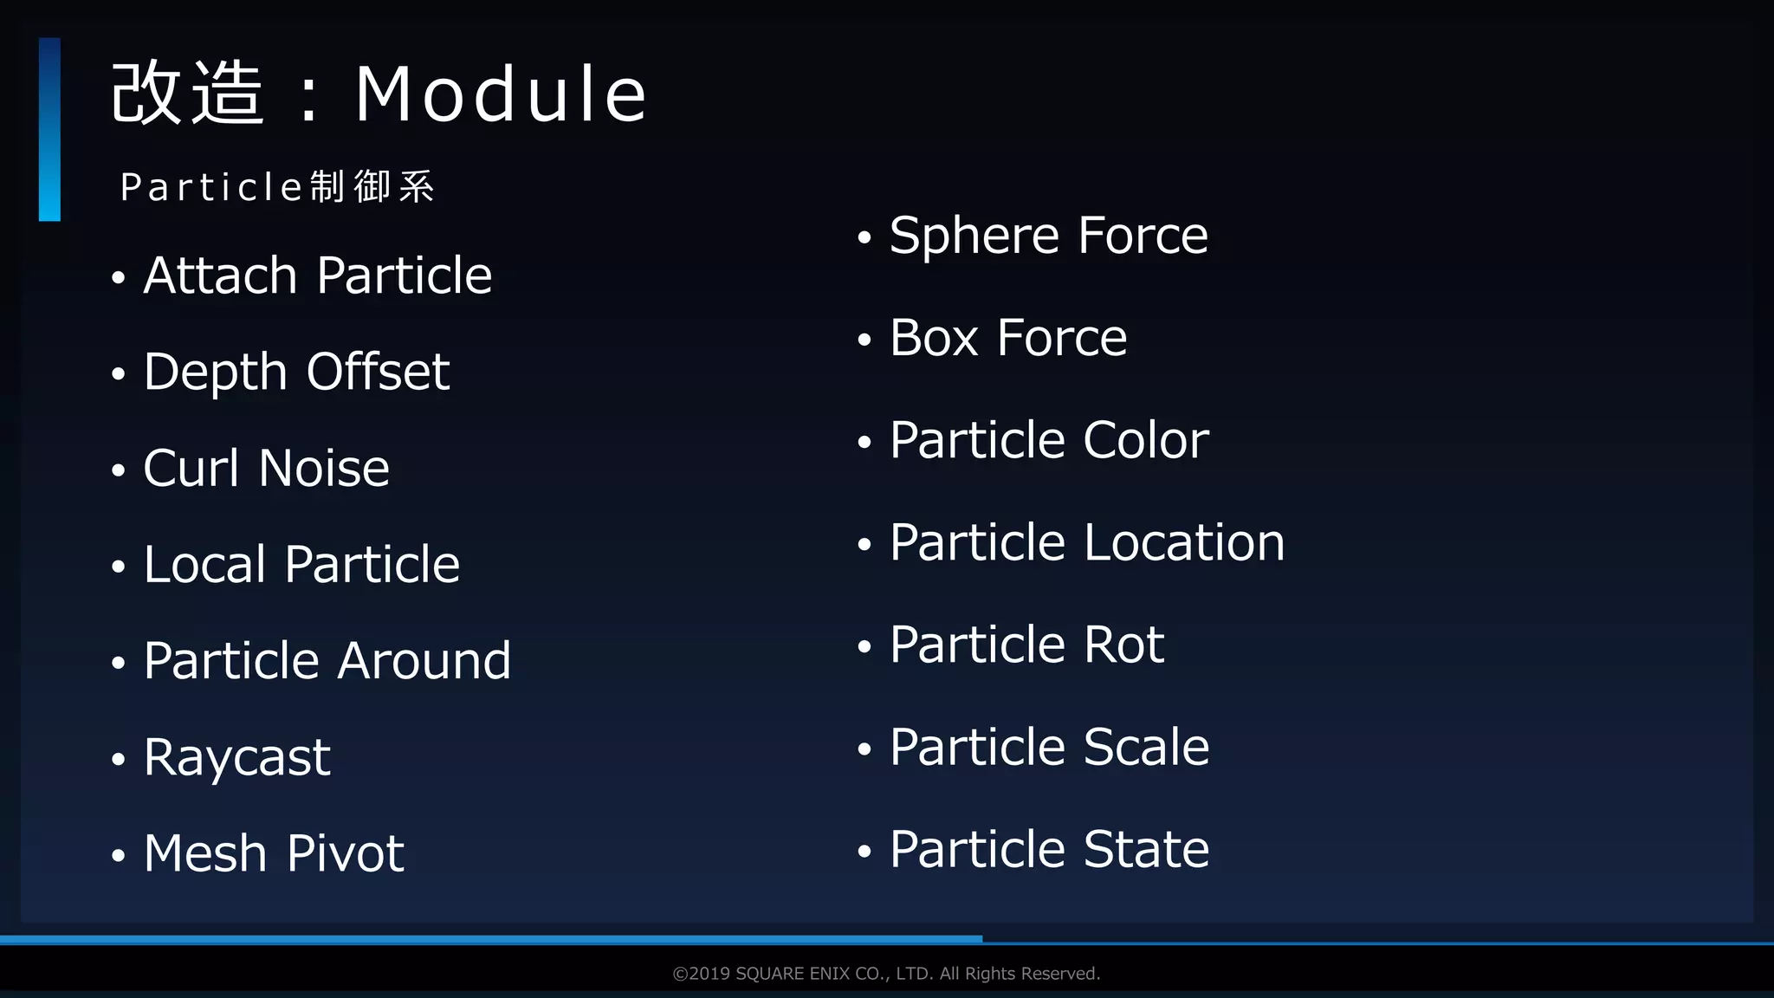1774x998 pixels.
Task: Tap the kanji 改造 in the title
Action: point(187,94)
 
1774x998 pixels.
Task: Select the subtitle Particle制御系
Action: point(277,187)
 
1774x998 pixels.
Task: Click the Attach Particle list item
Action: point(317,275)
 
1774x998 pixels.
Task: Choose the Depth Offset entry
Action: point(296,372)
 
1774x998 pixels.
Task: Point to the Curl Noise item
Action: point(266,468)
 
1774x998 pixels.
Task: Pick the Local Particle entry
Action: point(301,564)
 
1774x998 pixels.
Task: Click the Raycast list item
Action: point(236,757)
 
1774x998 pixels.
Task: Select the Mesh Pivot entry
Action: point(274,853)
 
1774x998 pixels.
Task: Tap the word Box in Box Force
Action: point(934,338)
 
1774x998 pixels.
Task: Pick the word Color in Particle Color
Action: point(1145,440)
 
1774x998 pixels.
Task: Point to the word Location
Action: point(1184,542)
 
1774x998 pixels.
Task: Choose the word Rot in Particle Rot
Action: point(1123,645)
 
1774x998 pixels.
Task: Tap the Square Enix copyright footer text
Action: point(886,974)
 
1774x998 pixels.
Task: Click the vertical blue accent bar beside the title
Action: point(49,129)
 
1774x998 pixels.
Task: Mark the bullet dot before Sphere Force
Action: point(864,237)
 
